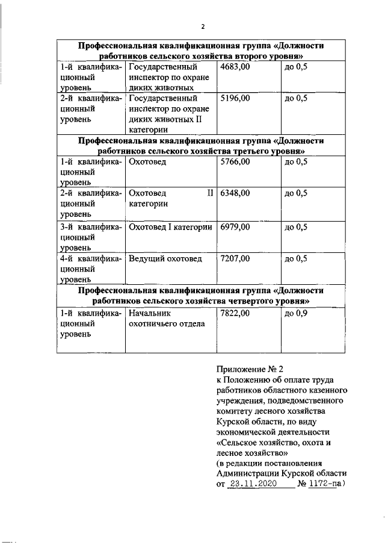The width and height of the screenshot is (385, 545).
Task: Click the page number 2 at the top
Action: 203,27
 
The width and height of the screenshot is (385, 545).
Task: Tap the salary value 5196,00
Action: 235,98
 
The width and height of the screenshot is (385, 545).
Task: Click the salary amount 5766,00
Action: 235,162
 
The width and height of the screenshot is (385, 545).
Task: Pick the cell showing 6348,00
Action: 235,193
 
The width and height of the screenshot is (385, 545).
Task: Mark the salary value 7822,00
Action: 235,314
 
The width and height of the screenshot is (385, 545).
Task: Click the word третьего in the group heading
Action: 253,151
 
